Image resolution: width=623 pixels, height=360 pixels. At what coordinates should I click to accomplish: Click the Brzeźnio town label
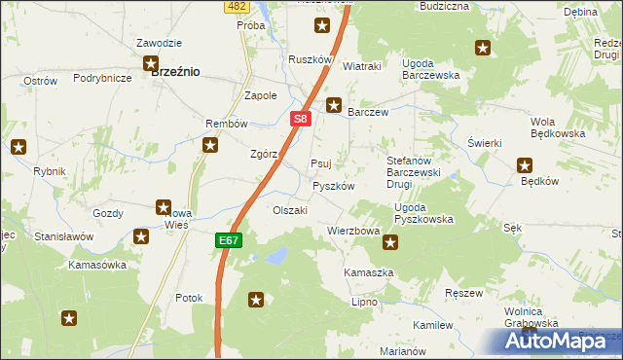pos(176,71)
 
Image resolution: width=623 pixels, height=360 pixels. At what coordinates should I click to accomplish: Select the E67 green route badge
pos(228,240)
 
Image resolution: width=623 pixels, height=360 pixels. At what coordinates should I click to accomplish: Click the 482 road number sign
pos(235,6)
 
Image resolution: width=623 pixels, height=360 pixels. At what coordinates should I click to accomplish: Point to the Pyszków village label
pos(333,186)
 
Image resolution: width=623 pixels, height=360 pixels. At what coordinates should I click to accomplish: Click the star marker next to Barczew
pos(334,105)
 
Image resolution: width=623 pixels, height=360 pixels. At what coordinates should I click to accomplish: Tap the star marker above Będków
pos(525,165)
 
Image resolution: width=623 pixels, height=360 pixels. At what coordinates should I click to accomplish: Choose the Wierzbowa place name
pos(353,232)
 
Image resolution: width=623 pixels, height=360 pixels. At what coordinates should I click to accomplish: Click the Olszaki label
pos(290,210)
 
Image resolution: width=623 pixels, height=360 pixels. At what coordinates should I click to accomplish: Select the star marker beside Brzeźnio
pos(151,64)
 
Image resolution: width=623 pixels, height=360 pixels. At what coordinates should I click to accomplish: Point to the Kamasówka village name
pos(97,265)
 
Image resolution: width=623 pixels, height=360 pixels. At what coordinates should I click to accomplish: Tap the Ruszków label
pos(311,59)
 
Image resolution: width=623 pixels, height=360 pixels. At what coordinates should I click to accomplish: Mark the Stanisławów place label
pos(63,236)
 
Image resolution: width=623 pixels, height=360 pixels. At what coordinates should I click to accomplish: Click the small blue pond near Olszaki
pos(276,256)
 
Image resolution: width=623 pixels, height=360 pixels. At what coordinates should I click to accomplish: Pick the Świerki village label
pos(484,143)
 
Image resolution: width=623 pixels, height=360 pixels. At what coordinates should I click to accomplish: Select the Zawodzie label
pos(160,44)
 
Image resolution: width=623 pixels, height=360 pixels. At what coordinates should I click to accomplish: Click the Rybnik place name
pos(49,171)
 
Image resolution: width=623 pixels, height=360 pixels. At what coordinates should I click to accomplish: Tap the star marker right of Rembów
pos(210,146)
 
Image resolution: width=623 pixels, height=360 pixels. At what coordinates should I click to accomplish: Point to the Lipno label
pos(364,303)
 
